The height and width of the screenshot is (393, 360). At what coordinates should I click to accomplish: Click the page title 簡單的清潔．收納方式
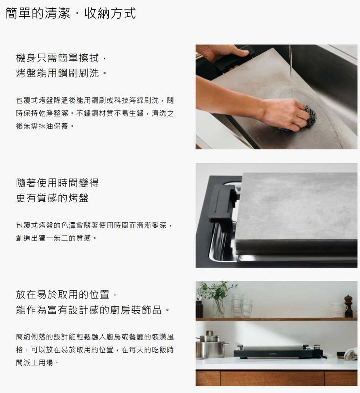point(71,13)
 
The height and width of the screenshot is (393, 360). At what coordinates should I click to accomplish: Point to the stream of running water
point(291,73)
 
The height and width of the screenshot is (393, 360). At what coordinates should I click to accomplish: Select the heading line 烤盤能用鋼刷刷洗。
point(62,73)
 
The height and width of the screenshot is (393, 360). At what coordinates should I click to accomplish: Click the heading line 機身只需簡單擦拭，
point(62,58)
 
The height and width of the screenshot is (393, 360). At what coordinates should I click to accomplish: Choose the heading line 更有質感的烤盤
point(52,198)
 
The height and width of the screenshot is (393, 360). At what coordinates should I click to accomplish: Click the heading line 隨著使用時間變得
point(57,183)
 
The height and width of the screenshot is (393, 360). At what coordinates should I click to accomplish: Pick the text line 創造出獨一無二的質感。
point(56,238)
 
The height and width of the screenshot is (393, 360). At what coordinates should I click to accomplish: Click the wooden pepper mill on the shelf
point(348,305)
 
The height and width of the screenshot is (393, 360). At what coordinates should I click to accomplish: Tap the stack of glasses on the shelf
point(241,306)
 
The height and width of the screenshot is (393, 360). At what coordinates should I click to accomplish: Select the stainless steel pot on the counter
point(211,344)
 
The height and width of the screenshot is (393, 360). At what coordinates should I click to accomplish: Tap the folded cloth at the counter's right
point(351,354)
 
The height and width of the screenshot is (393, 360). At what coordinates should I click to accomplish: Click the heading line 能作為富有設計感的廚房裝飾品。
point(93,310)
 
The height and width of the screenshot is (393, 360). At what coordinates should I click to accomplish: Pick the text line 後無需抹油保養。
point(45,126)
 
